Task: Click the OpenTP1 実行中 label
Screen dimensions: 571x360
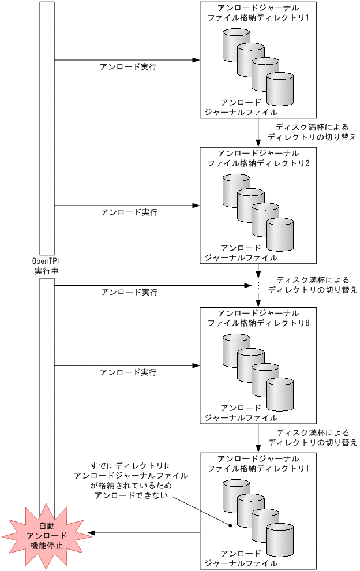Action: pyautogui.click(x=46, y=266)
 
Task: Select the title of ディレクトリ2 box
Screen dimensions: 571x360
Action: pyautogui.click(x=258, y=158)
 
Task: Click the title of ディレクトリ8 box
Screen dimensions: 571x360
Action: pyautogui.click(x=258, y=318)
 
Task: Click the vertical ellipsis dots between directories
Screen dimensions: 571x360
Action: pyautogui.click(x=258, y=285)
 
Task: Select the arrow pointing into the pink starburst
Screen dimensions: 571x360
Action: pyautogui.click(x=144, y=533)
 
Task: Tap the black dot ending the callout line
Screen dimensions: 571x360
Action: pyautogui.click(x=229, y=526)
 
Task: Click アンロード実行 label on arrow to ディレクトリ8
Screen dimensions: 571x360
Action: pyautogui.click(x=128, y=372)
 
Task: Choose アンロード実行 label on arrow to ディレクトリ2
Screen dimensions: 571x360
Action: pyautogui.click(x=129, y=212)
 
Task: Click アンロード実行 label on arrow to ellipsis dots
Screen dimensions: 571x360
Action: pyautogui.click(x=129, y=292)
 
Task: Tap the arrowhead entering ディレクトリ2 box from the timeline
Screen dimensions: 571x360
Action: pyautogui.click(x=196, y=205)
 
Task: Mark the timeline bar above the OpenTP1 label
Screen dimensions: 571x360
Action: pyautogui.click(x=47, y=127)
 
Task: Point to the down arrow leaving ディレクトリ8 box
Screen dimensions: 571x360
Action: pyautogui.click(x=258, y=439)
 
